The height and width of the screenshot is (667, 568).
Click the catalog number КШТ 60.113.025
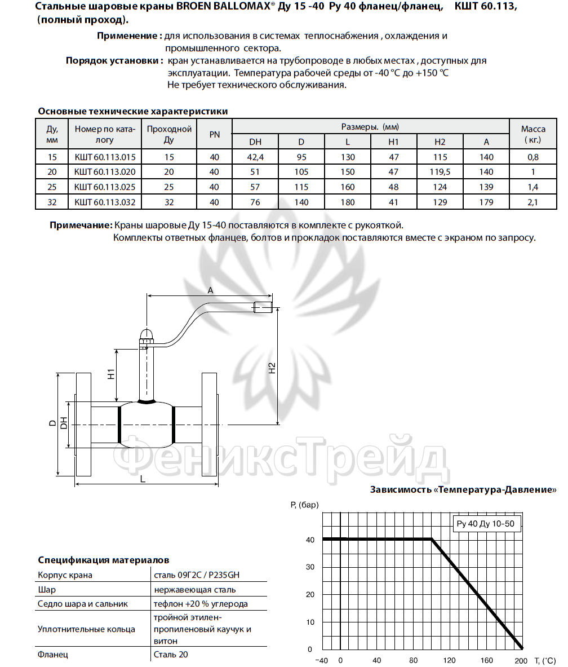[x=105, y=187]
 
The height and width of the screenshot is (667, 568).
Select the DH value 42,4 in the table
[x=255, y=157]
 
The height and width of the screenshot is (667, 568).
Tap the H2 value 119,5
[x=440, y=172]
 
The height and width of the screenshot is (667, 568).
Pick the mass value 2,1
[x=533, y=202]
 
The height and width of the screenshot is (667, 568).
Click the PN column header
[x=214, y=134]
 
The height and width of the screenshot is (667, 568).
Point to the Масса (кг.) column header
[x=533, y=134]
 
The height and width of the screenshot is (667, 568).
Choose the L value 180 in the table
[x=348, y=202]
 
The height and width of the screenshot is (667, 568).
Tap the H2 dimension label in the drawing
[x=272, y=368]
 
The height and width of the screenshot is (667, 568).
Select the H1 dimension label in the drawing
[x=112, y=373]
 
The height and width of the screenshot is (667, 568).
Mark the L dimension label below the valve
[x=143, y=479]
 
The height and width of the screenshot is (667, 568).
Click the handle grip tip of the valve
[x=264, y=308]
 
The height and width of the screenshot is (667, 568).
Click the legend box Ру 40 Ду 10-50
[x=485, y=524]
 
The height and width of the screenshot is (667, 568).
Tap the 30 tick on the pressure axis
[x=309, y=567]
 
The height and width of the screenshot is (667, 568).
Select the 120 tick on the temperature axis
[x=449, y=660]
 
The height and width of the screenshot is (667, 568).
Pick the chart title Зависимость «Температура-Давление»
[x=463, y=489]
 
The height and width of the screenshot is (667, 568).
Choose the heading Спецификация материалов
[x=103, y=560]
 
